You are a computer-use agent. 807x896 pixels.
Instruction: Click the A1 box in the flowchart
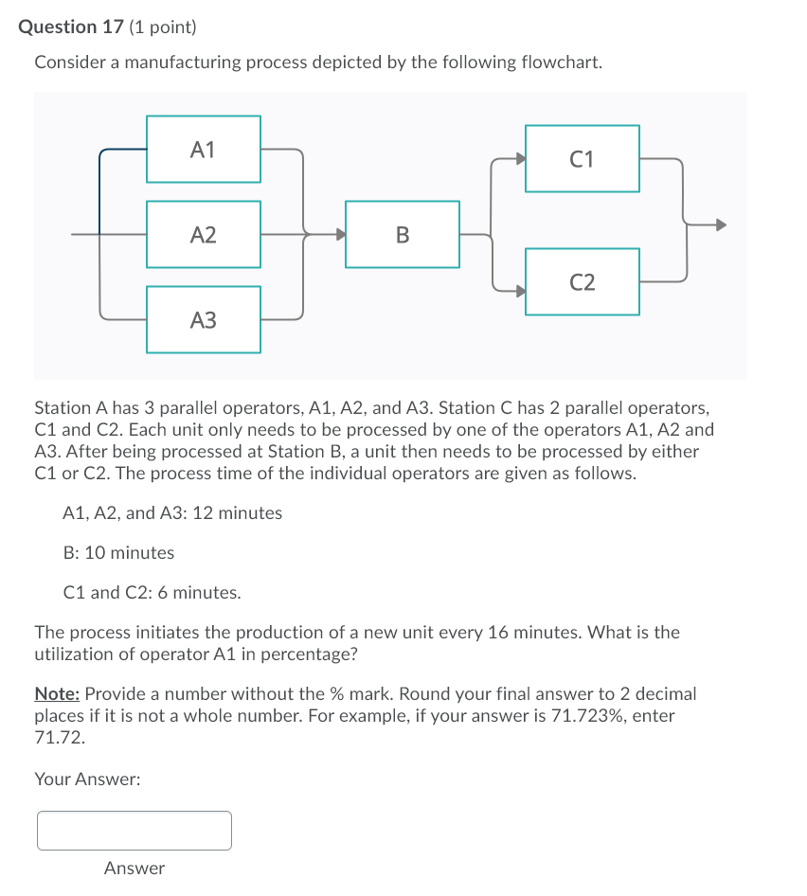tap(203, 149)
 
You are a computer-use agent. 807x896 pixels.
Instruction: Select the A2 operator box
tap(203, 234)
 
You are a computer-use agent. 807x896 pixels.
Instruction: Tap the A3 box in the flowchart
tap(203, 320)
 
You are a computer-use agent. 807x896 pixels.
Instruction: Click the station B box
tap(403, 234)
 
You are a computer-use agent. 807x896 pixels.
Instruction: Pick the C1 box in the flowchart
tap(582, 158)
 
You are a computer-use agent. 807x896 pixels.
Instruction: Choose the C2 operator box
tap(582, 281)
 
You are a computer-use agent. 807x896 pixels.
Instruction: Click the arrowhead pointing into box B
tap(338, 234)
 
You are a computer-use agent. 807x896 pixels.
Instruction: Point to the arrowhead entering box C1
tap(518, 159)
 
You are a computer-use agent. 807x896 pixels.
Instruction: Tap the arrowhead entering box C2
tap(518, 291)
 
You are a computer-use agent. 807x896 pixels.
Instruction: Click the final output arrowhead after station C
tap(720, 225)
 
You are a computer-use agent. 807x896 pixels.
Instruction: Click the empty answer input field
tap(134, 831)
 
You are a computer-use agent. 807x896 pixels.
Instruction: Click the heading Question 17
tap(71, 27)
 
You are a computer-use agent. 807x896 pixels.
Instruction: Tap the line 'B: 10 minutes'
tap(118, 552)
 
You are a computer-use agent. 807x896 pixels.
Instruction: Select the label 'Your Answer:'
tap(87, 779)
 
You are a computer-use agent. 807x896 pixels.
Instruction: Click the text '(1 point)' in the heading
tap(163, 27)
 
